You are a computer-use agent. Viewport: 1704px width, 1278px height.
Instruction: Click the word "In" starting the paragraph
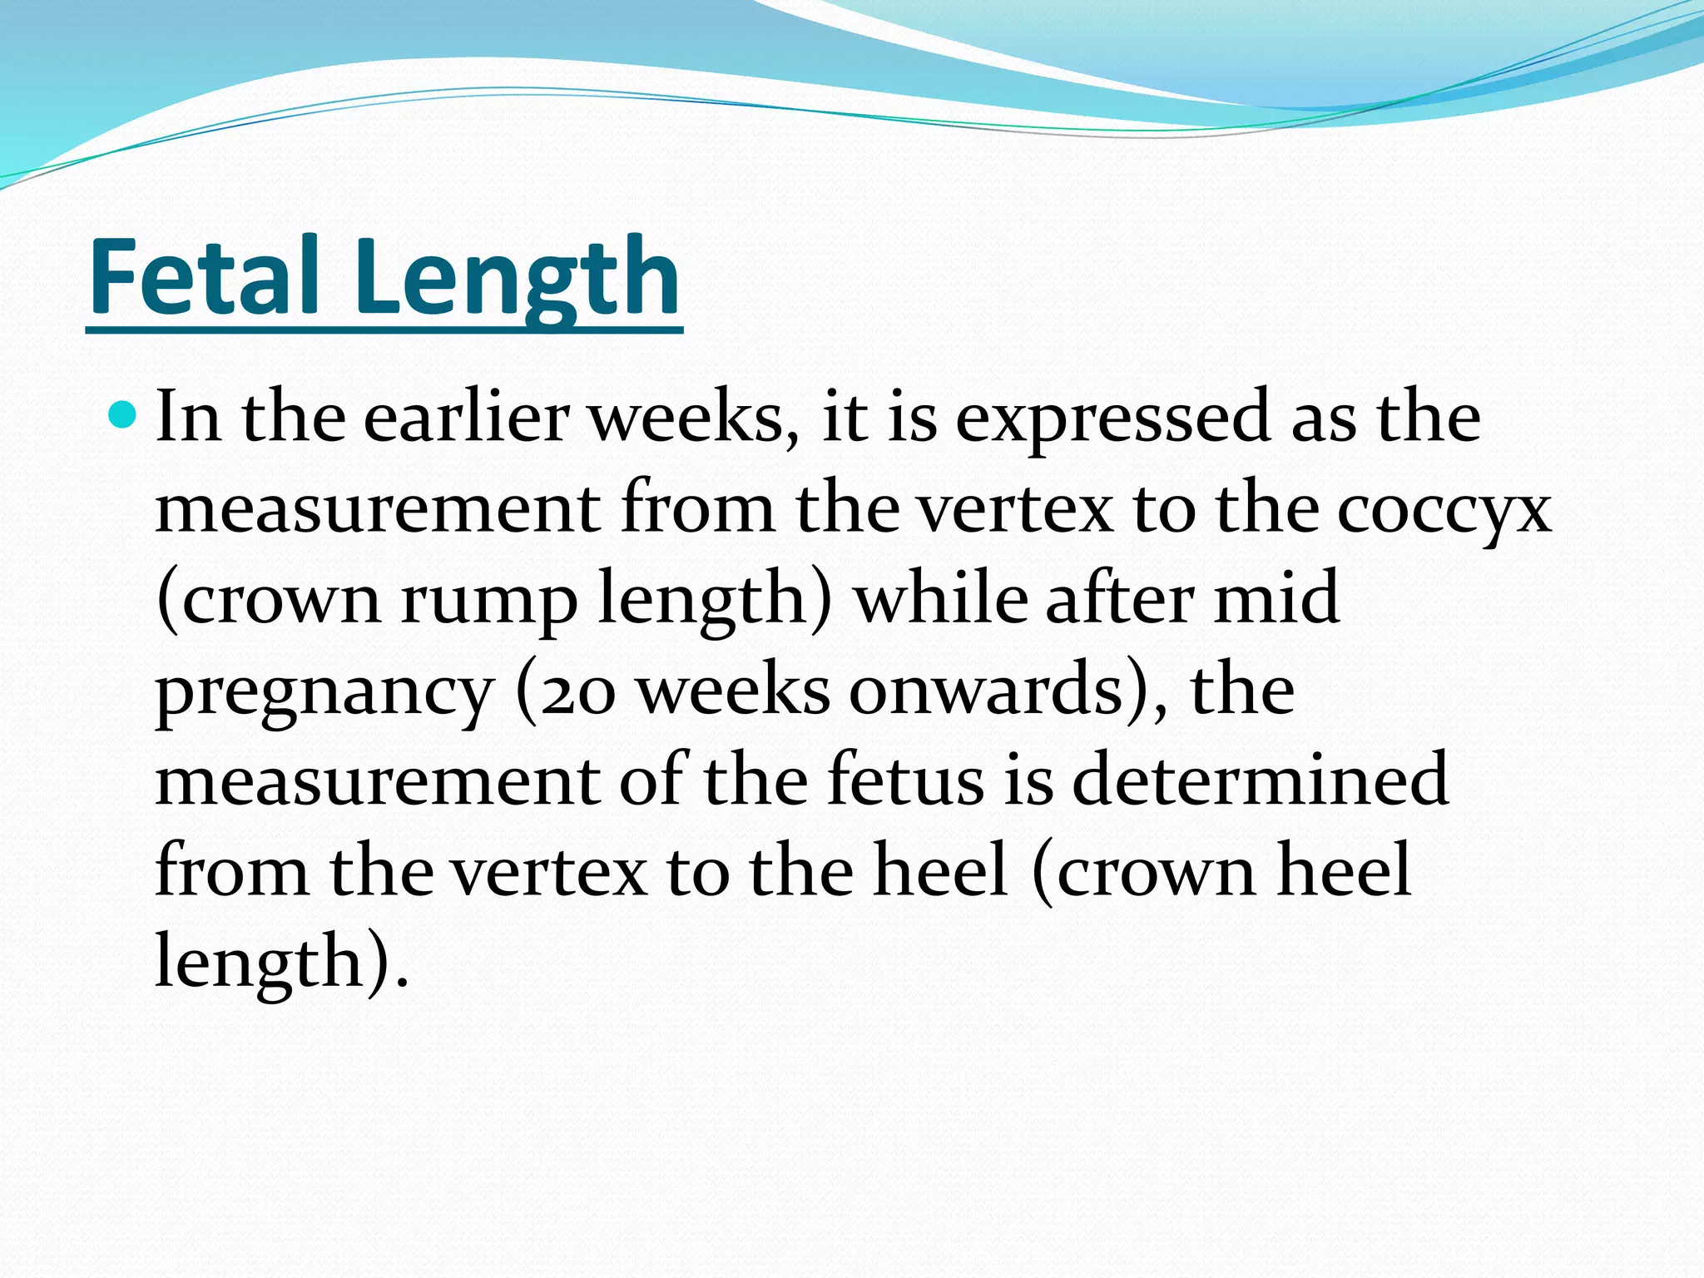pos(189,417)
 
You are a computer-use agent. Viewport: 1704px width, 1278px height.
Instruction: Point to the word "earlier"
pos(466,417)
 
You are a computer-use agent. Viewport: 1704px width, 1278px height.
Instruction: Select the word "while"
pos(939,599)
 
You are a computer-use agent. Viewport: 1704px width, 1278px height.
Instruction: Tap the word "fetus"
pos(906,782)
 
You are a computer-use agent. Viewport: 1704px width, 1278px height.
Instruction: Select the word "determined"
pos(1261,782)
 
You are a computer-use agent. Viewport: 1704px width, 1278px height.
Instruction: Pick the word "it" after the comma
pos(844,417)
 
